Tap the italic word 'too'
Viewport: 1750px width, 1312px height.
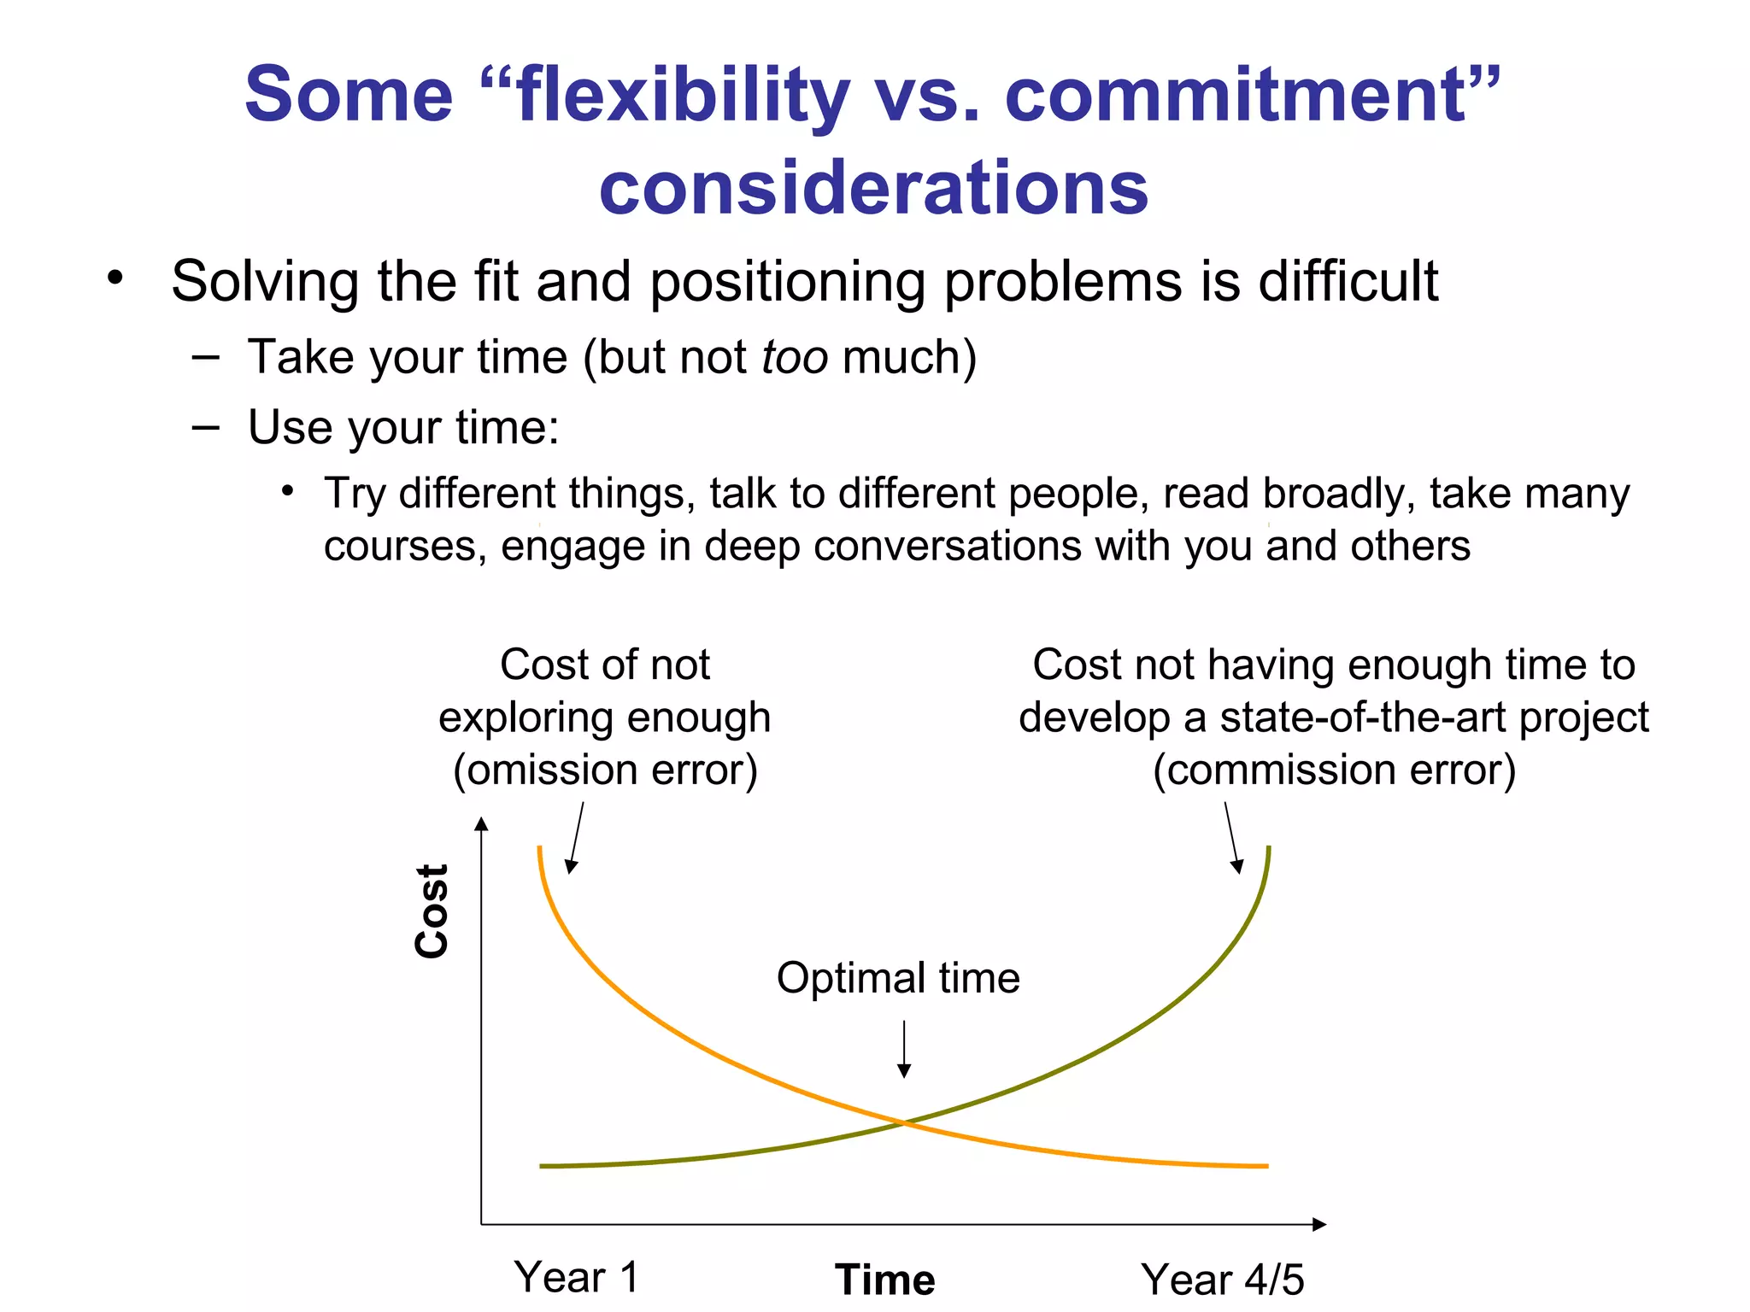(x=794, y=357)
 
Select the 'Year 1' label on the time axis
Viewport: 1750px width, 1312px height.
(x=576, y=1278)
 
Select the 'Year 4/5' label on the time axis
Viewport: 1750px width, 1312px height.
(x=1222, y=1280)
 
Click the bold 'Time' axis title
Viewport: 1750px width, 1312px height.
(x=884, y=1280)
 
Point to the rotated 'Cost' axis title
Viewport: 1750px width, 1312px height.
(x=432, y=911)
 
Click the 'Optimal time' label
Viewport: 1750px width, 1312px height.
(x=897, y=978)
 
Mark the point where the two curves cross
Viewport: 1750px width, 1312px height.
(x=904, y=1123)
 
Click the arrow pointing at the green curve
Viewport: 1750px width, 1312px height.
(x=1232, y=837)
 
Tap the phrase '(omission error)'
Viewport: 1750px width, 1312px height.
(x=605, y=770)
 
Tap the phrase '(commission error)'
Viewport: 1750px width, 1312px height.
(x=1334, y=770)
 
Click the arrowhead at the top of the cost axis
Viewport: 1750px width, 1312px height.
(x=482, y=823)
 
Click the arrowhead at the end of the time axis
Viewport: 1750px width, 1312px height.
(x=1319, y=1224)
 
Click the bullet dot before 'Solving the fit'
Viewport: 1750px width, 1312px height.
(x=115, y=278)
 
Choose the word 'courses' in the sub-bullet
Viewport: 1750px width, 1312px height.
(x=398, y=547)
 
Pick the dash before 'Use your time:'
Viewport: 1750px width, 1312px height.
(x=206, y=427)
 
